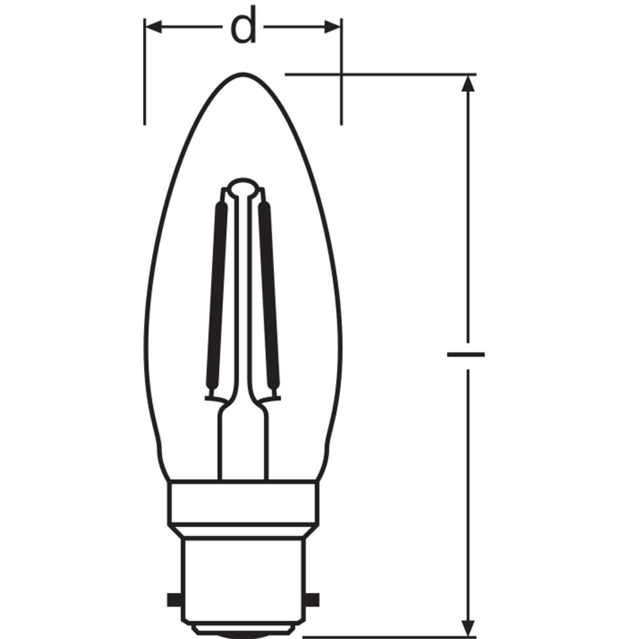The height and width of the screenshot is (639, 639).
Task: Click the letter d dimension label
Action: pyautogui.click(x=243, y=26)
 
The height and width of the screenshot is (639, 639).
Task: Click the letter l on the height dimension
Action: pyautogui.click(x=466, y=355)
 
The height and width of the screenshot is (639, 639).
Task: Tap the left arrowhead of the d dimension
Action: pyautogui.click(x=153, y=27)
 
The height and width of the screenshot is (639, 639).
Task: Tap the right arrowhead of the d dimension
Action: pyautogui.click(x=332, y=27)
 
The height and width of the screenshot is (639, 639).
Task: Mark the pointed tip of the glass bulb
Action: pyautogui.click(x=243, y=73)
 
